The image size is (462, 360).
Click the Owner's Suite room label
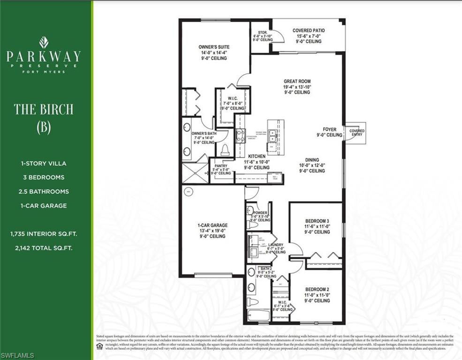(214, 47)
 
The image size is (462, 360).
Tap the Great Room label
(297, 81)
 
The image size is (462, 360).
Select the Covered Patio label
(309, 30)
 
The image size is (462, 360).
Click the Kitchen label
(257, 157)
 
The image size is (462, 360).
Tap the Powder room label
(260, 213)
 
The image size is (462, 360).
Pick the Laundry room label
(276, 245)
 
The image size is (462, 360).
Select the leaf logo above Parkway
(44, 42)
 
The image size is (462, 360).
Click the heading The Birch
(44, 109)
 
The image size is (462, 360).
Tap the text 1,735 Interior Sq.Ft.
(44, 233)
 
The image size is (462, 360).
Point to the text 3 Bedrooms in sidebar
(44, 177)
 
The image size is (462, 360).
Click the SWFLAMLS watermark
(17, 355)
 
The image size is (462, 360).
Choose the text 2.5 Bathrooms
(44, 191)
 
